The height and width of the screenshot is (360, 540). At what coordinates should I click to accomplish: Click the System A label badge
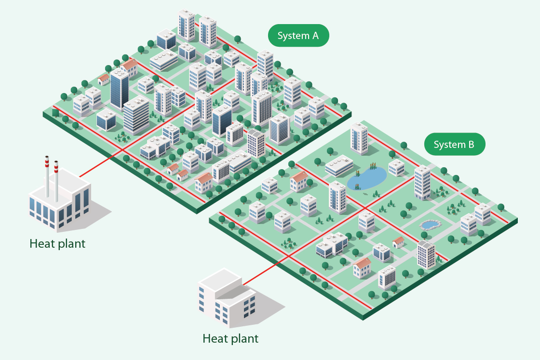point(298,36)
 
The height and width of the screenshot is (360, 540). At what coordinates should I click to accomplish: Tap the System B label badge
point(455,144)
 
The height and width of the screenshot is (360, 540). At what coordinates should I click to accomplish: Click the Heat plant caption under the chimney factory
point(57,244)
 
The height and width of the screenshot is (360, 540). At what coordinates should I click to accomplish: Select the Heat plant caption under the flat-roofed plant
point(230,339)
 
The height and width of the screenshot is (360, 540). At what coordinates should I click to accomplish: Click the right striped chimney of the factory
point(56,181)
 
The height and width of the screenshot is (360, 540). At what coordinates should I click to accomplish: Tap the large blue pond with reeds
point(366,178)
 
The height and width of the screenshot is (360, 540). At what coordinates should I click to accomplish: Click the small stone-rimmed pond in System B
point(431,225)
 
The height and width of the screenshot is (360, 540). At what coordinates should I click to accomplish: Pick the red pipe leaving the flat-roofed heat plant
point(266,271)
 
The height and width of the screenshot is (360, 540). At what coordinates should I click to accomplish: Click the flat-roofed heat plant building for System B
point(227,298)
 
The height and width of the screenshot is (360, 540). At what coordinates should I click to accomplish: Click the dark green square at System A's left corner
point(55,113)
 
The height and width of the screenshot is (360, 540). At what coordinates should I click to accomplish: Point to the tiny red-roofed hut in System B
point(398,242)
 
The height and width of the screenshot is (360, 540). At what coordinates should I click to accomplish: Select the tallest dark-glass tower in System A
point(119,89)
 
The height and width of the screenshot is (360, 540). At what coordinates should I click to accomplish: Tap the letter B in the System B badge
point(471,144)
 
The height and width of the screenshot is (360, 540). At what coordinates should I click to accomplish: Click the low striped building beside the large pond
point(339,166)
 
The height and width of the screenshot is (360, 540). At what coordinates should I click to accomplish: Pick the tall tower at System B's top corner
point(359,138)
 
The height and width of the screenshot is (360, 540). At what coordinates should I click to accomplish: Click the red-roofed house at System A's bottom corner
point(204,183)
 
